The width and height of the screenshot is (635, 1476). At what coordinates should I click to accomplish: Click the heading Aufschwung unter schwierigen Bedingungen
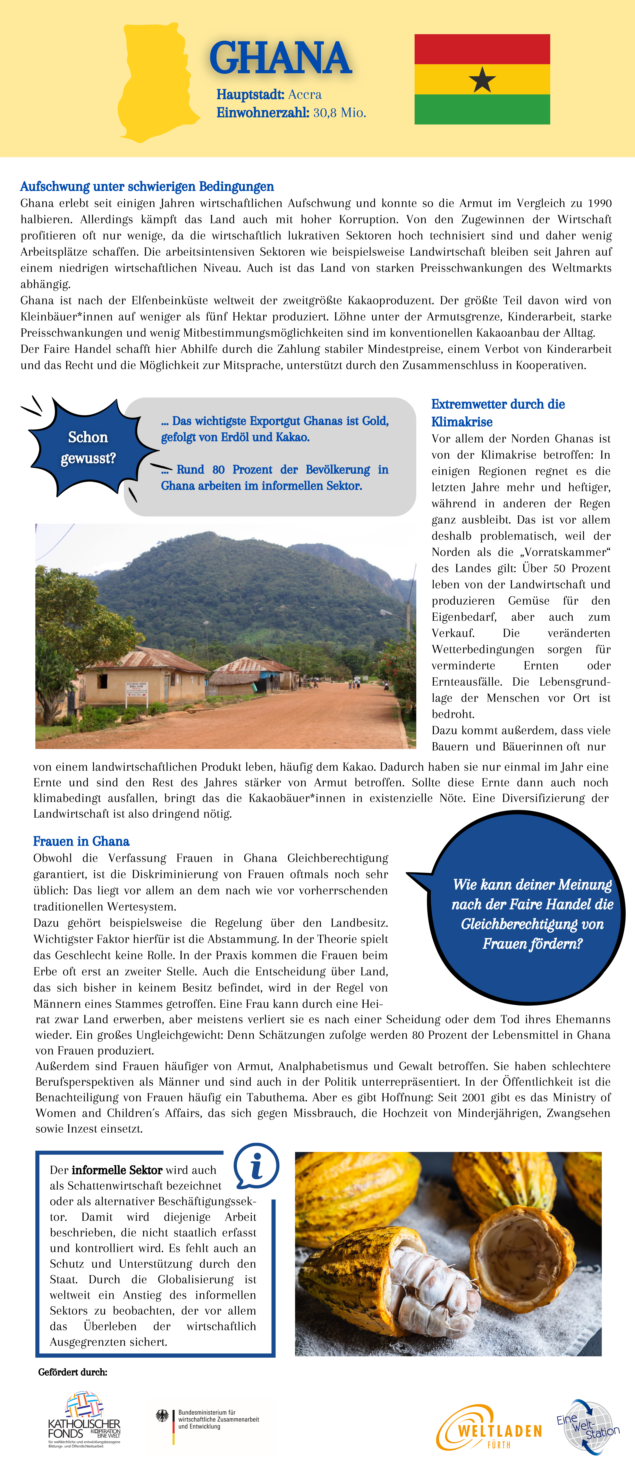pos(147,187)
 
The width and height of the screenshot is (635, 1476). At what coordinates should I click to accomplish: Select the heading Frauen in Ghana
pos(81,841)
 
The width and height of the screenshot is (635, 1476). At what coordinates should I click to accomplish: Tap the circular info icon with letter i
pos(256,1167)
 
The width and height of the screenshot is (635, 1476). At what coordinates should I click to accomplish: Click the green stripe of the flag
pos(482,109)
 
